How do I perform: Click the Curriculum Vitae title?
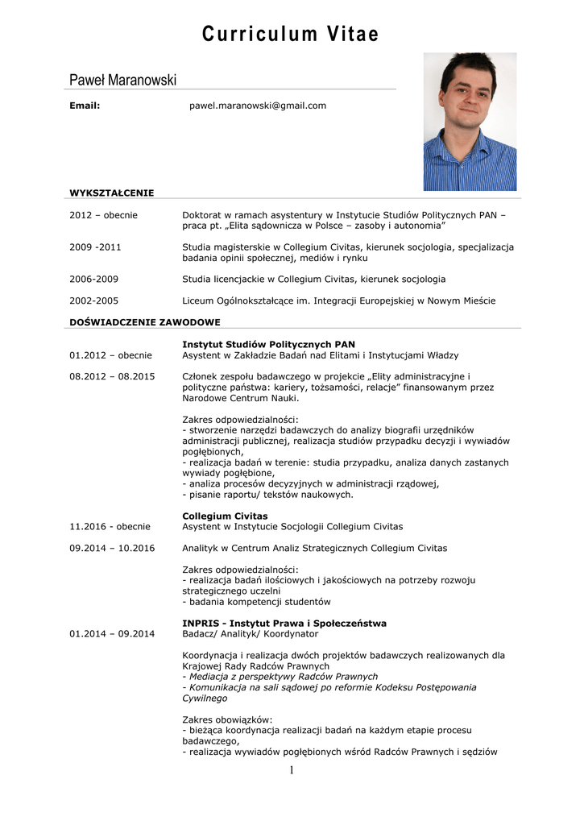coord(290,34)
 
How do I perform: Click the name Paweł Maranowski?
coord(122,80)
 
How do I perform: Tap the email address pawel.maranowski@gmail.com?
coord(257,106)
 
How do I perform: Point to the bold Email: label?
coord(85,106)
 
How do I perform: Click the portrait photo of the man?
coord(470,122)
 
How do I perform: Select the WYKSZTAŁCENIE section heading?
coord(111,193)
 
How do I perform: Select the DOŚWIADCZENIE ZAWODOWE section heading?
coord(144,322)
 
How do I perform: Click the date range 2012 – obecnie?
coord(103,215)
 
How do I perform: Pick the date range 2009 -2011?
coord(95,247)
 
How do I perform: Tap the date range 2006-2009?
coord(93,279)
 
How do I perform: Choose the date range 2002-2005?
coord(93,301)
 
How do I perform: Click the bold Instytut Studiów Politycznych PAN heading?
coord(268,344)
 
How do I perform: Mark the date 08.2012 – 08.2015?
coord(112,376)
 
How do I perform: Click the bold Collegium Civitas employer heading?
coord(225,516)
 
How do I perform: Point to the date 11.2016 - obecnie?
coord(110,527)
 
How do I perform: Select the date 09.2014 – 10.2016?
coord(112,548)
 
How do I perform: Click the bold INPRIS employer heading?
coord(284,623)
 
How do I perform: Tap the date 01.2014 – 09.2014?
coord(112,634)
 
